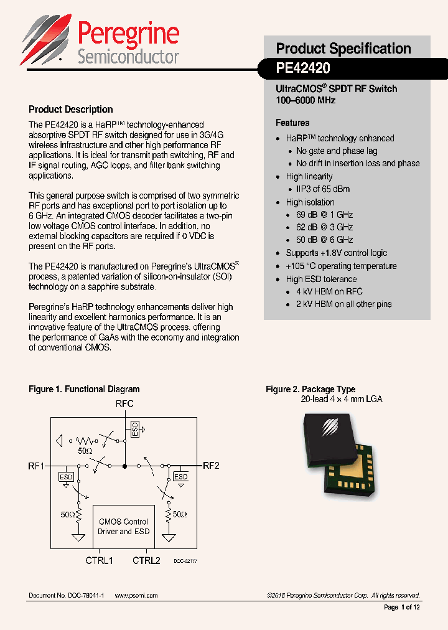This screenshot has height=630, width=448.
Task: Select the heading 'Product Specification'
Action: point(343,49)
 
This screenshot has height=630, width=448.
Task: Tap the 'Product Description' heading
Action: point(71,110)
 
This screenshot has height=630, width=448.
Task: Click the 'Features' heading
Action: point(292,123)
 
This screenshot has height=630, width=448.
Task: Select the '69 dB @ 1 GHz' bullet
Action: point(324,215)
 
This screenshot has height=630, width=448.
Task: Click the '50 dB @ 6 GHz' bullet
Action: point(324,240)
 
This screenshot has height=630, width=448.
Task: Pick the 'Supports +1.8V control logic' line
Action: point(336,253)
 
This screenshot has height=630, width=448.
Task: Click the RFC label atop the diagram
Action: point(124,404)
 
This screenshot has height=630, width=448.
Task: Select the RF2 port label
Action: point(211,465)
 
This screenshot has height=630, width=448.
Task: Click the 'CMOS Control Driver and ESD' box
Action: point(123,527)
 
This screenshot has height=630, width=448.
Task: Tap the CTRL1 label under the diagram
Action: point(99,560)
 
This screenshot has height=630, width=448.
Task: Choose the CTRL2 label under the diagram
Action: point(146,560)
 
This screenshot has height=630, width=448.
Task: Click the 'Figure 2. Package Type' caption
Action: point(310,389)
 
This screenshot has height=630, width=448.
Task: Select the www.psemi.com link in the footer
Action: point(136,596)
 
